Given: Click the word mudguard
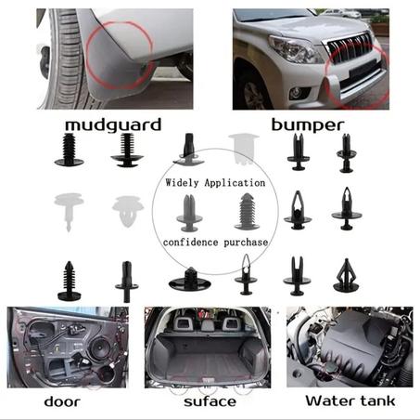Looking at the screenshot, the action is click(113, 125).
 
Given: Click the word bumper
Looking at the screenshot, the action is click(308, 125).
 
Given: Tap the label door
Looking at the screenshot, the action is click(62, 401).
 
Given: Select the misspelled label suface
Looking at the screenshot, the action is click(210, 401).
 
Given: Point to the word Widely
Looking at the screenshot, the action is click(182, 183).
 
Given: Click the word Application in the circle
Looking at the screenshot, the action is click(235, 183).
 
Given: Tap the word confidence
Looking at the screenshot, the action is click(190, 242).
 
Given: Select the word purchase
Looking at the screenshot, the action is click(246, 243).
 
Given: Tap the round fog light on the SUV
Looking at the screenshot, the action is click(297, 93).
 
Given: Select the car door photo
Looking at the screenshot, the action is click(68, 348).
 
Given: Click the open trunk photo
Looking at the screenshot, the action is click(208, 348).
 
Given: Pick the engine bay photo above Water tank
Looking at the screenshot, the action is click(350, 347).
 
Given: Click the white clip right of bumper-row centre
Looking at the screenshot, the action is click(244, 148).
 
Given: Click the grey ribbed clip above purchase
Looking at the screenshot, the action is click(248, 211).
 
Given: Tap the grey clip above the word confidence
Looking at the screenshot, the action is click(189, 213).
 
